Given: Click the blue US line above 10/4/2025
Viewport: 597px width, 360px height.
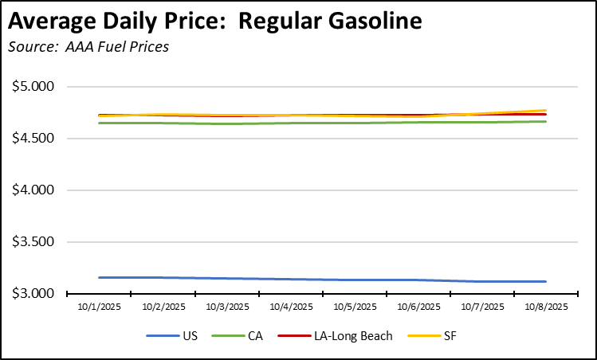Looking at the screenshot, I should click(291, 279).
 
